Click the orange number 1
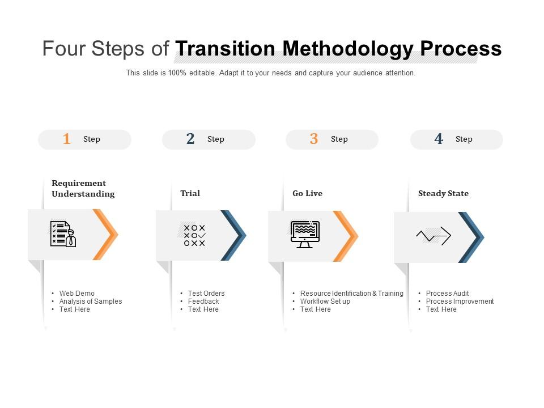[x=67, y=139]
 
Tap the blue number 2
[x=190, y=139]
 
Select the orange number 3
[x=314, y=139]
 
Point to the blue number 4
[x=439, y=139]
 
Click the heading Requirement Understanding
[x=83, y=188]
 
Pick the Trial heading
[x=190, y=193]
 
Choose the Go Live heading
[x=307, y=193]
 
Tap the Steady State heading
[x=443, y=193]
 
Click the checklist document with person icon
[x=63, y=234]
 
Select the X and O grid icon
[x=194, y=236]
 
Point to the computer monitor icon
[x=305, y=235]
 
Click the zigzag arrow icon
[x=433, y=236]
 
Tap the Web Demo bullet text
[x=76, y=293]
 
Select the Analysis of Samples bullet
[x=91, y=301]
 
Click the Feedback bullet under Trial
[x=203, y=301]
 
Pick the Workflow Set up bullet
[x=325, y=301]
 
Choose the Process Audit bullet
[x=447, y=293]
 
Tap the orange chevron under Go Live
[x=346, y=236]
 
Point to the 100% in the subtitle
[x=177, y=73]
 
